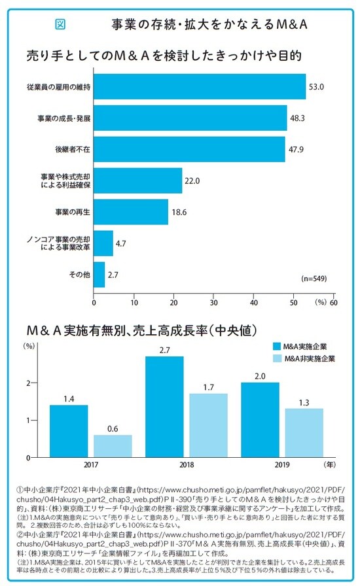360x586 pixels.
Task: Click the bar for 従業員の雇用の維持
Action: [x=200, y=87]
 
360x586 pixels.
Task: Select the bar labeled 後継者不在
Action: [x=190, y=149]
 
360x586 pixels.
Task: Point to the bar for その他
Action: [x=99, y=274]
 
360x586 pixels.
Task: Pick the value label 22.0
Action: [x=192, y=181]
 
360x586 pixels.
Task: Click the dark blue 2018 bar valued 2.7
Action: [x=164, y=406]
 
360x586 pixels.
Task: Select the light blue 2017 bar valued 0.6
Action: [x=113, y=445]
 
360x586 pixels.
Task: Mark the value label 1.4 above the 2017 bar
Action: [x=69, y=398]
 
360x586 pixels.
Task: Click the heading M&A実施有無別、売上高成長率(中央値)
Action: [x=141, y=328]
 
